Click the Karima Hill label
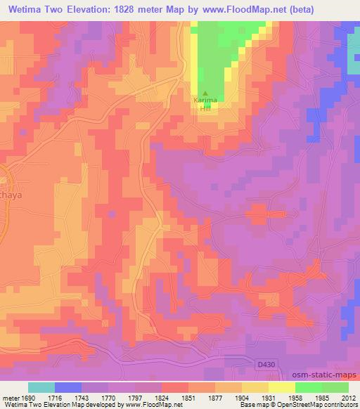[205, 103]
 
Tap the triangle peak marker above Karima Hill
[205, 93]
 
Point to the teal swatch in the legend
[41, 387]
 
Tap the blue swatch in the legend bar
[68, 387]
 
